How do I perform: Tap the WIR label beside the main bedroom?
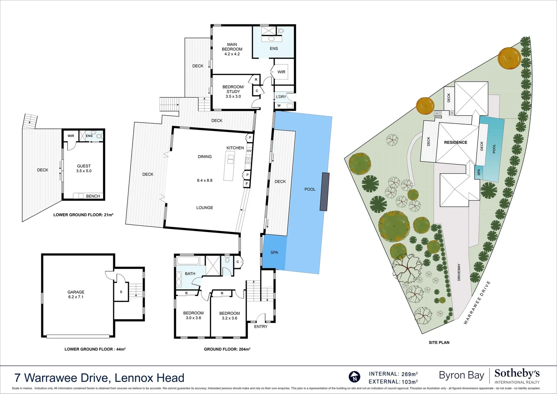pyautogui.click(x=281, y=72)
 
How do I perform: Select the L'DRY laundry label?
pyautogui.click(x=281, y=97)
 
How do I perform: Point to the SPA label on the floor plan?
pyautogui.click(x=274, y=252)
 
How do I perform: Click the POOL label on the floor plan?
pyautogui.click(x=310, y=189)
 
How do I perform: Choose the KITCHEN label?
pyautogui.click(x=235, y=148)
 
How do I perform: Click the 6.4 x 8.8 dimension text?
pyautogui.click(x=205, y=181)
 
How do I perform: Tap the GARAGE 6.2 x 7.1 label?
pyautogui.click(x=76, y=294)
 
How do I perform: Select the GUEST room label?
pyautogui.click(x=84, y=166)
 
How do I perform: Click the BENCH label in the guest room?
pyautogui.click(x=93, y=196)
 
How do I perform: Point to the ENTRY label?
pyautogui.click(x=261, y=327)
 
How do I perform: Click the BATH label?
pyautogui.click(x=190, y=274)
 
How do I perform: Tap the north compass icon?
pyautogui.click(x=354, y=377)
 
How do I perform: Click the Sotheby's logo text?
pyautogui.click(x=517, y=374)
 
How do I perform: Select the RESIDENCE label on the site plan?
pyautogui.click(x=455, y=142)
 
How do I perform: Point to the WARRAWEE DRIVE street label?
pyautogui.click(x=477, y=302)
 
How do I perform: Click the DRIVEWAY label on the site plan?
pyautogui.click(x=459, y=272)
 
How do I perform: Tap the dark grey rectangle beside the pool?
pyautogui.click(x=324, y=192)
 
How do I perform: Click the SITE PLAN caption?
pyautogui.click(x=439, y=343)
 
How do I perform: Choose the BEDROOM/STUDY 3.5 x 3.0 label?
pyautogui.click(x=233, y=92)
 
